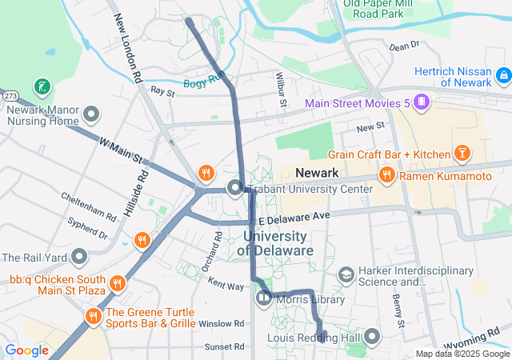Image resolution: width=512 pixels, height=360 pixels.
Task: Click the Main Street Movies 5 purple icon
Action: tap(422, 103)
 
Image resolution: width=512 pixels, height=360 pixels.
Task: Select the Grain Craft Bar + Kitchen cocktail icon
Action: tap(462, 153)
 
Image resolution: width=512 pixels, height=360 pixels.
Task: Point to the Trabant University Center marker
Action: tap(235, 189)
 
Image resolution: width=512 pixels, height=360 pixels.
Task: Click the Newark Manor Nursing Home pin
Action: tap(90, 114)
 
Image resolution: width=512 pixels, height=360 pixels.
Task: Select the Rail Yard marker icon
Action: tap(79, 258)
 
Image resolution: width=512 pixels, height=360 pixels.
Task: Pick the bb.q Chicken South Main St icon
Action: tap(118, 283)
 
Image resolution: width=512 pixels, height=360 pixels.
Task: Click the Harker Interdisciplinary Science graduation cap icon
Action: tap(346, 275)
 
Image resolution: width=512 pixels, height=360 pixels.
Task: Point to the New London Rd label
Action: tap(128, 50)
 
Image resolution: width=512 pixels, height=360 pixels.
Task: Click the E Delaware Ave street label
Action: tap(294, 216)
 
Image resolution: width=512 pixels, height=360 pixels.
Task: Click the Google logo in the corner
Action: tap(26, 350)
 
